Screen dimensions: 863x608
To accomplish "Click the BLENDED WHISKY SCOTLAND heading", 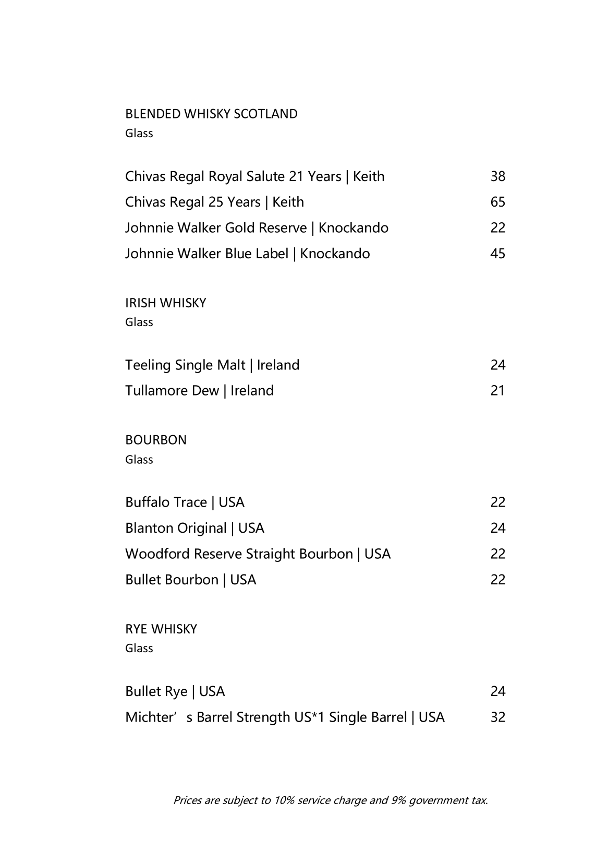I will (x=211, y=114).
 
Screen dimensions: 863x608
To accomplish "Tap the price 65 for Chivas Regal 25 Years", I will (x=497, y=202).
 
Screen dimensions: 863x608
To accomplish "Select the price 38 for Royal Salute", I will (x=497, y=176).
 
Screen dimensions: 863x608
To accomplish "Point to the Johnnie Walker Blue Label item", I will (x=247, y=254).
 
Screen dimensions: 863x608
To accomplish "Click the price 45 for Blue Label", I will (x=497, y=254).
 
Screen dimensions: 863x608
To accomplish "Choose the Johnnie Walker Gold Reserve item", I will (x=257, y=228).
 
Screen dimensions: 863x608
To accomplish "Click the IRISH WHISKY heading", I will (x=165, y=303).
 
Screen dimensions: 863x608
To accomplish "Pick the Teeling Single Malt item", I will (x=212, y=365).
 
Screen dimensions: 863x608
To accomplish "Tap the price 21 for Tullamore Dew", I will (x=497, y=391).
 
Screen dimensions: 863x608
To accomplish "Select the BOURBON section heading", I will (x=155, y=440).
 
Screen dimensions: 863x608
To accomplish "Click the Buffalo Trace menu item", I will (x=185, y=502).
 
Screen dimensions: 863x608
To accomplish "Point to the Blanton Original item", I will (x=194, y=528).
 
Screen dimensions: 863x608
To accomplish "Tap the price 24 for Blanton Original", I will (x=497, y=528).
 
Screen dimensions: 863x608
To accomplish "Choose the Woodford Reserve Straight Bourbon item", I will (x=258, y=554).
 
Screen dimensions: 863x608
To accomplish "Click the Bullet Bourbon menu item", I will (x=190, y=580).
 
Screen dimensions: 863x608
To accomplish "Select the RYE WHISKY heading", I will (x=161, y=629).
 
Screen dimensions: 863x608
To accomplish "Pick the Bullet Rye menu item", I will (x=175, y=691).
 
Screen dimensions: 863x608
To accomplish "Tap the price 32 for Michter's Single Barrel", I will (x=497, y=717).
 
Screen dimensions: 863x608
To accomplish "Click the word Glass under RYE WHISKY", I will (x=139, y=648).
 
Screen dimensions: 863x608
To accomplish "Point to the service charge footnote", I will (x=330, y=800).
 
